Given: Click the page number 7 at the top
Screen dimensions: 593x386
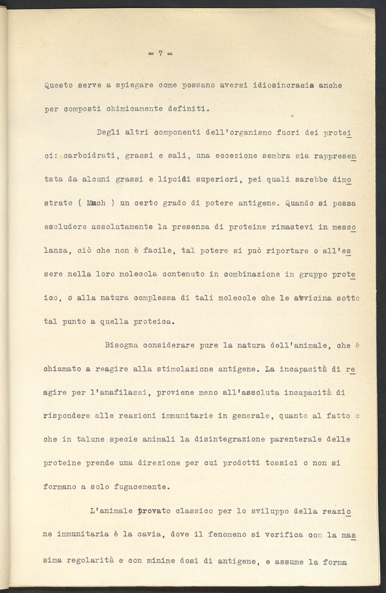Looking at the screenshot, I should (161, 54).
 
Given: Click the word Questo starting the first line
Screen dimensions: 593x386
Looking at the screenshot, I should (56, 86).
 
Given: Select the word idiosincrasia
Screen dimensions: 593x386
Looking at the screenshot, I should (279, 86).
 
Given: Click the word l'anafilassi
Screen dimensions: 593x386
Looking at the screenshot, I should (125, 392).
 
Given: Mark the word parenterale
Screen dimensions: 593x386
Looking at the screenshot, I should (296, 439).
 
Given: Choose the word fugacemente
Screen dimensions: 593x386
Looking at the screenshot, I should (138, 486).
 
